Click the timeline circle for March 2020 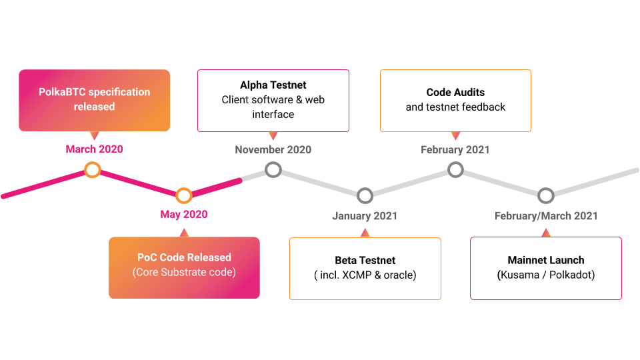[x=93, y=170]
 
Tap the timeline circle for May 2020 [x=184, y=195]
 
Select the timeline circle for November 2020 [x=273, y=169]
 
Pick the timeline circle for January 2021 [x=365, y=195]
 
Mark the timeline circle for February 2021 [x=455, y=169]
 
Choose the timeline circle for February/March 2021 [x=546, y=195]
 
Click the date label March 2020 [x=94, y=149]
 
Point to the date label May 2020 [x=184, y=215]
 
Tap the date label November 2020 [x=273, y=149]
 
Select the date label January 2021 [x=365, y=215]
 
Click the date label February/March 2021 [x=546, y=215]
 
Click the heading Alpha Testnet [x=273, y=85]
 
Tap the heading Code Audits [x=455, y=93]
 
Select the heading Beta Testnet [x=365, y=260]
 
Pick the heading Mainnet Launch [x=546, y=260]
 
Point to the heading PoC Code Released [x=184, y=257]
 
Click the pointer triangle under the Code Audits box [x=455, y=136]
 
